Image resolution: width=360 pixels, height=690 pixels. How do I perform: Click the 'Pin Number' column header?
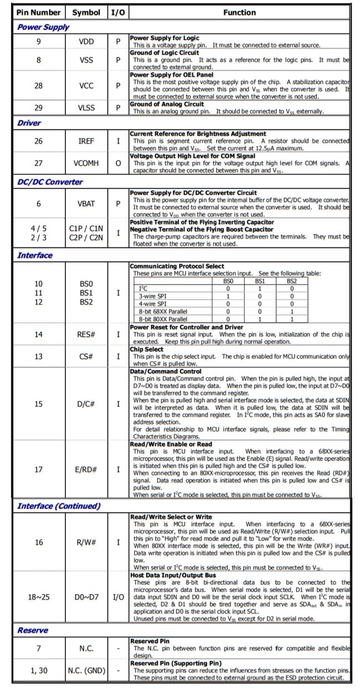[x=38, y=12]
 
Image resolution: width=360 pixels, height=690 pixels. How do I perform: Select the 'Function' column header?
[x=239, y=12]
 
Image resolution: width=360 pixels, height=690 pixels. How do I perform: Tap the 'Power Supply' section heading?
[x=43, y=27]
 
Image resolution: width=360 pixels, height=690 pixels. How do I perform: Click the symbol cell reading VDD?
[x=86, y=42]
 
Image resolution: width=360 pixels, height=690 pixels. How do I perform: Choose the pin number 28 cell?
[x=38, y=85]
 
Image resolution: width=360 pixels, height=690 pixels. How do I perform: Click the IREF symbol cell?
[x=86, y=141]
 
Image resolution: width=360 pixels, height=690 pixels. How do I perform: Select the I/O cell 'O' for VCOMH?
[x=118, y=163]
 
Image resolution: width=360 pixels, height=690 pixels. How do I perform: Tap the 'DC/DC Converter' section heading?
[x=50, y=182]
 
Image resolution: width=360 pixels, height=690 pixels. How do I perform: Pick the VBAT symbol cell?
[x=86, y=203]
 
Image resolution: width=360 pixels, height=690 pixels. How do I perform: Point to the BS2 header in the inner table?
[x=291, y=281]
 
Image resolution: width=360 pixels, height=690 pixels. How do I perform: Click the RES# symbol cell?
[x=86, y=334]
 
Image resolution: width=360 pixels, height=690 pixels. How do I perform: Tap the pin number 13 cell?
[x=38, y=356]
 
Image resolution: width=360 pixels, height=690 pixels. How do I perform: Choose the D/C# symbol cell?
[x=86, y=404]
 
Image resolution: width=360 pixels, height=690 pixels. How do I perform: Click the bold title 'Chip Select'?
[x=147, y=350]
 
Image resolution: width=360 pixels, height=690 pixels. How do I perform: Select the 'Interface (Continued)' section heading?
[x=59, y=505]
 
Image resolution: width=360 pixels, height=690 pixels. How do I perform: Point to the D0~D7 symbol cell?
[x=86, y=597]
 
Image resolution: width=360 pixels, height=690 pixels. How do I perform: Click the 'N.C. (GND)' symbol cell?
[x=86, y=671]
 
